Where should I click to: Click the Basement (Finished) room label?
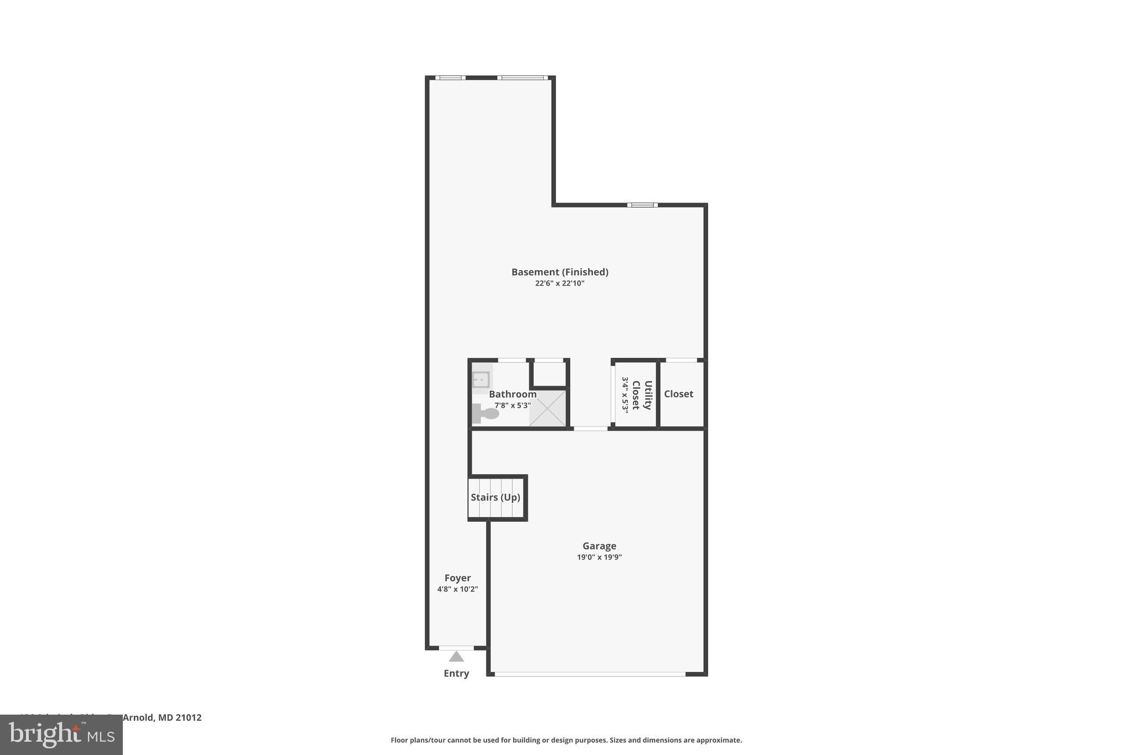(x=559, y=272)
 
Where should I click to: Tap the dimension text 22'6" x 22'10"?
(x=559, y=284)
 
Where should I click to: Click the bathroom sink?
(x=481, y=380)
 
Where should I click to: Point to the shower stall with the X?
(x=548, y=408)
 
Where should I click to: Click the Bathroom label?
(x=512, y=394)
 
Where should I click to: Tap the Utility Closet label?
(x=642, y=394)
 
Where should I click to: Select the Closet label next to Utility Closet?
(x=678, y=394)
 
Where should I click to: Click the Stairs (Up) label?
(x=495, y=497)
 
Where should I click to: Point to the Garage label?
(x=599, y=546)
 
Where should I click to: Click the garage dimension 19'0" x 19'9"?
(x=599, y=558)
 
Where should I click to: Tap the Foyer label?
(x=458, y=578)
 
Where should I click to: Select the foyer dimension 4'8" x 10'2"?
(x=458, y=590)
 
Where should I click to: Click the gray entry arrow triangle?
(x=456, y=657)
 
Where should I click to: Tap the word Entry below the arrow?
(x=456, y=674)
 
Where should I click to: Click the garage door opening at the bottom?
(x=590, y=674)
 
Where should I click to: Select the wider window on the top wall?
(x=522, y=78)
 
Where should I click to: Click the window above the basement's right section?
(x=642, y=205)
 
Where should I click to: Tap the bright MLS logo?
(x=61, y=735)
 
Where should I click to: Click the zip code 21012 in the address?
(x=188, y=717)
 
